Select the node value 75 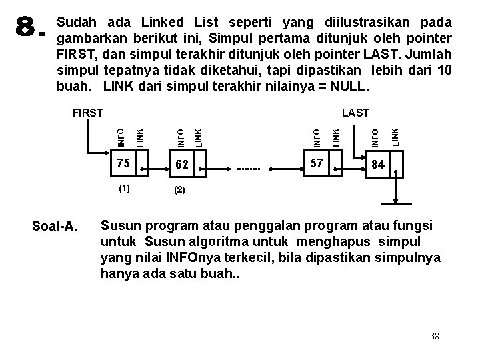(122, 163)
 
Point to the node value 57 (317, 163)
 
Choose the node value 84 (377, 163)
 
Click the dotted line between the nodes (250, 169)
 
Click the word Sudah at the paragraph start (77, 22)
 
